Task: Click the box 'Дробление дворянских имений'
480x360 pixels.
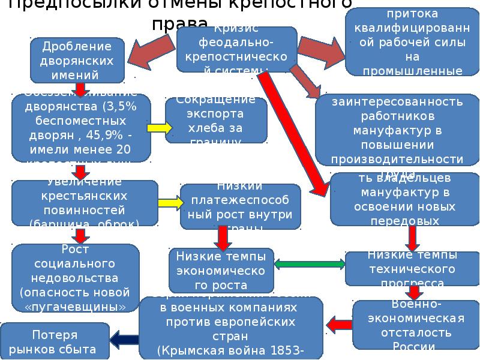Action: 78,60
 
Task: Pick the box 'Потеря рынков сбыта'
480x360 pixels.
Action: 55,341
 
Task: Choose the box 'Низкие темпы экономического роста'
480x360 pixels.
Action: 221,269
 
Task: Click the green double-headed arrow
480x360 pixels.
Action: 310,263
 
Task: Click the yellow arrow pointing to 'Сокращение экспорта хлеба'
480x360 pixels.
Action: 160,127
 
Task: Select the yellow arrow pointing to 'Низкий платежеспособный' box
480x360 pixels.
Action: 170,203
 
